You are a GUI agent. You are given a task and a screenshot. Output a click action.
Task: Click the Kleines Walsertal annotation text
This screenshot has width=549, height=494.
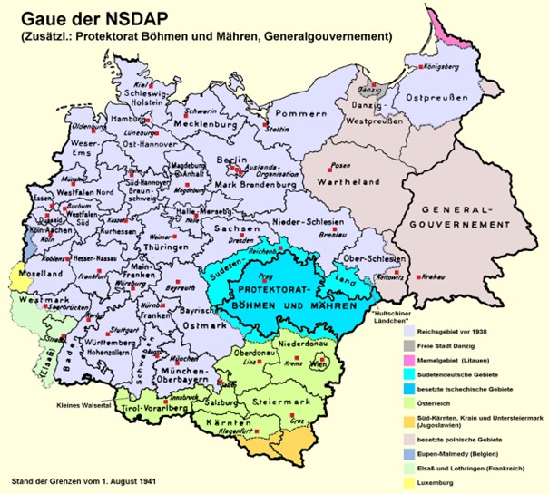tap(86, 405)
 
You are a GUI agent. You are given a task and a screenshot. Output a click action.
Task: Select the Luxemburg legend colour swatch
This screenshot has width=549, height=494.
tap(413, 484)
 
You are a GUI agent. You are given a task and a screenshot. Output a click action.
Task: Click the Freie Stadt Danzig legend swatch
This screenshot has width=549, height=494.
tap(413, 346)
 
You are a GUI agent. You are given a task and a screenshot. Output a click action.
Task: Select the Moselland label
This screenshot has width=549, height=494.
tap(32, 272)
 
